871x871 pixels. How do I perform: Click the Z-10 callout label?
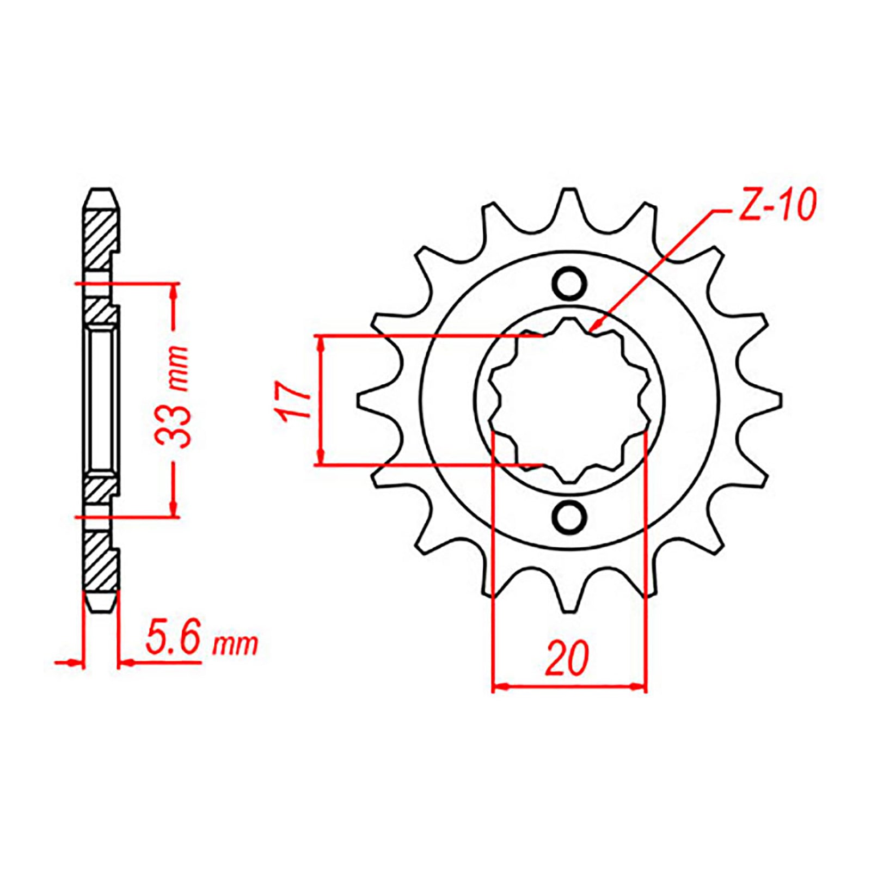[777, 206]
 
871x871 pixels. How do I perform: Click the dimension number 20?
[567, 658]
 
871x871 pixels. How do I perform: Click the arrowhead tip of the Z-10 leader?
[593, 329]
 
